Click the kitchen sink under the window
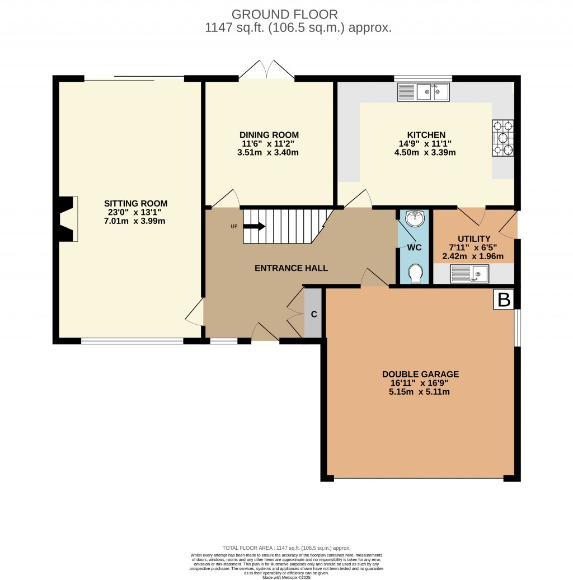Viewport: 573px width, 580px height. pyautogui.click(x=423, y=92)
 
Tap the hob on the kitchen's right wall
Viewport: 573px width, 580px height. pyautogui.click(x=502, y=138)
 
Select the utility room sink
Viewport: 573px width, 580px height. pyautogui.click(x=469, y=274)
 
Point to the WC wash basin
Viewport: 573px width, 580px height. pyautogui.click(x=415, y=219)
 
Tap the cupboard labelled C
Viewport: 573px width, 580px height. pyautogui.click(x=314, y=314)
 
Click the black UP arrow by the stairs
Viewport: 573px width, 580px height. pyautogui.click(x=254, y=226)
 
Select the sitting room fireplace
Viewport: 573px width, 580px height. pyautogui.click(x=67, y=219)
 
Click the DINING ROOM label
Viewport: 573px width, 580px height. pyautogui.click(x=269, y=135)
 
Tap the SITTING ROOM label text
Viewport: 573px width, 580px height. pyautogui.click(x=136, y=203)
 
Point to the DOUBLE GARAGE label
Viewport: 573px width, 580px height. pyautogui.click(x=420, y=374)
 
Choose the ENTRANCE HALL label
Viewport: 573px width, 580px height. pyautogui.click(x=291, y=268)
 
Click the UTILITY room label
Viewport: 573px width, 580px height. pyautogui.click(x=473, y=238)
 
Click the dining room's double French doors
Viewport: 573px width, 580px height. pyautogui.click(x=267, y=71)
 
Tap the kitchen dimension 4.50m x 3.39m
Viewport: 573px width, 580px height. pyautogui.click(x=426, y=152)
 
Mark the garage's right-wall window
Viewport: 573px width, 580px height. pyautogui.click(x=517, y=328)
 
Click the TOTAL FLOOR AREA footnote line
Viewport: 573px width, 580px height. pyautogui.click(x=286, y=548)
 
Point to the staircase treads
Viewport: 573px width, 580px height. pyautogui.click(x=285, y=226)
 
